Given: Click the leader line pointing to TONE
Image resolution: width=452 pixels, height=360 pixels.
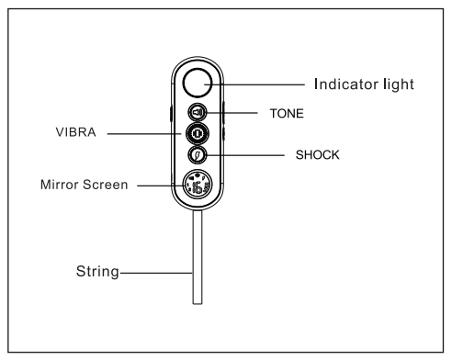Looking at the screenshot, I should pos(236,112).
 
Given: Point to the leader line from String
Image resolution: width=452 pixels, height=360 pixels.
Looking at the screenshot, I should pos(156,272).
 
